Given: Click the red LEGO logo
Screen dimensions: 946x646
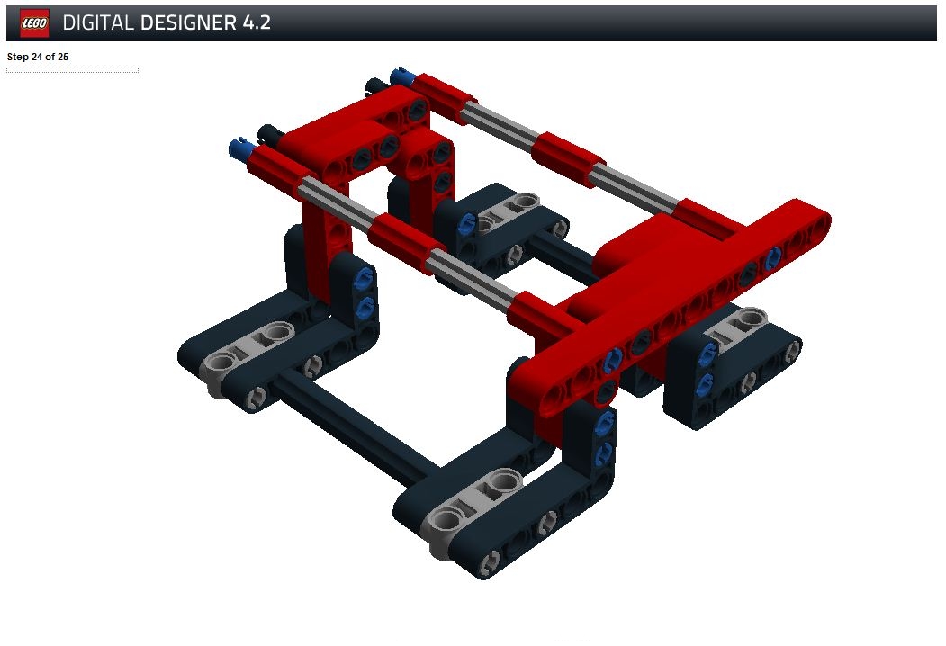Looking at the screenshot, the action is click(x=34, y=22).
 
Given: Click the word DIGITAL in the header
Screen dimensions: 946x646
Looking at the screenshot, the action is click(x=98, y=22).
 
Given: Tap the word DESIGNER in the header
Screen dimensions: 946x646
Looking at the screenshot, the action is click(x=188, y=22).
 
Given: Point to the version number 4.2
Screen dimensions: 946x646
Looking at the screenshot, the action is click(x=257, y=22).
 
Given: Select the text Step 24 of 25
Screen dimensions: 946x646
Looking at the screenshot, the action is click(x=38, y=57).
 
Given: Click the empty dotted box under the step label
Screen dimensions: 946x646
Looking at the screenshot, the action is click(x=72, y=70).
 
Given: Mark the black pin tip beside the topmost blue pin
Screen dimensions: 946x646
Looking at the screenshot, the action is click(x=376, y=86).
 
